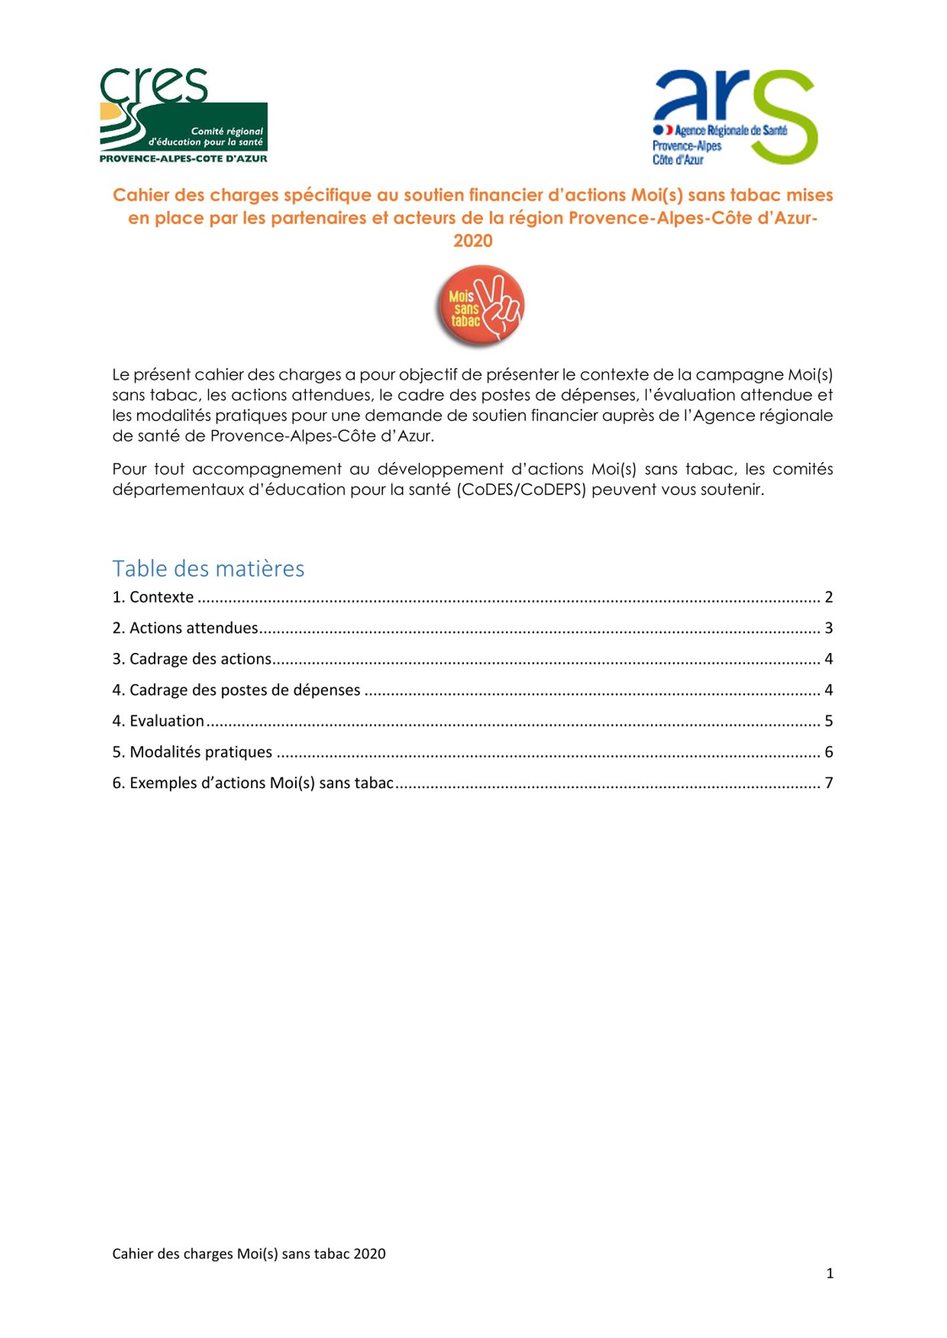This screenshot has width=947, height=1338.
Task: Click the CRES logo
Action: point(183,116)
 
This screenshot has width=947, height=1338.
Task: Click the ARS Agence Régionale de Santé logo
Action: point(735,117)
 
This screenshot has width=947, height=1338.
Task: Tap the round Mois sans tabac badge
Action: point(479,307)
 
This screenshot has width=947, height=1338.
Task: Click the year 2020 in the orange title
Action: point(472,241)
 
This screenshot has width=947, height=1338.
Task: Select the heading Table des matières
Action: point(208,569)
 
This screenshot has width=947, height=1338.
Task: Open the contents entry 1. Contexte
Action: point(153,597)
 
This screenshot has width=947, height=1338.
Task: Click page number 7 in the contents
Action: point(829,783)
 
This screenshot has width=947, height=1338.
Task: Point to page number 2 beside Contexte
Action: point(829,597)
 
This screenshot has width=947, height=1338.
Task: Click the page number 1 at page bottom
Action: point(830,1274)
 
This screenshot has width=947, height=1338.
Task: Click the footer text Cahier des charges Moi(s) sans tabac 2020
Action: point(249,1254)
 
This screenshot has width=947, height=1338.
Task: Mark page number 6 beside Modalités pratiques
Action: point(829,752)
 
